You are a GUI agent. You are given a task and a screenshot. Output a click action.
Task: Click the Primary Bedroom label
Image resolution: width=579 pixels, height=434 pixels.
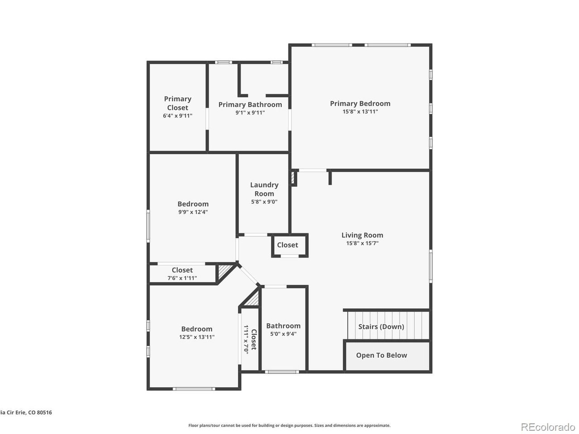click(360, 104)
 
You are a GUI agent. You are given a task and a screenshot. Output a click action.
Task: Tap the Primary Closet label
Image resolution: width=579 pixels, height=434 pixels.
click(178, 103)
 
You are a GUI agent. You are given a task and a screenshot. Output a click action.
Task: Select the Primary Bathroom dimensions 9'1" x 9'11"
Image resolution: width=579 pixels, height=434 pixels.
click(250, 113)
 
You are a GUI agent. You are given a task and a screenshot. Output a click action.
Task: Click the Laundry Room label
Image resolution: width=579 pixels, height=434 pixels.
click(264, 189)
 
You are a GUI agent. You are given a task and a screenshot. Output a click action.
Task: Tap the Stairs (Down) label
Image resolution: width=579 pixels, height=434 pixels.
click(381, 326)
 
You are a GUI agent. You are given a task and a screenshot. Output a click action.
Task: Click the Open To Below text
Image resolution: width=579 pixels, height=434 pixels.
click(381, 355)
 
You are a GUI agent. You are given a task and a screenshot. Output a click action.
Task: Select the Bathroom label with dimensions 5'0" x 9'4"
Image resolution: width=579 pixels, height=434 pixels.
click(283, 326)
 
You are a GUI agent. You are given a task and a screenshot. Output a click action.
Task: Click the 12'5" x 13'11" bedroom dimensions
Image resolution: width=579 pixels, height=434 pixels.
click(197, 337)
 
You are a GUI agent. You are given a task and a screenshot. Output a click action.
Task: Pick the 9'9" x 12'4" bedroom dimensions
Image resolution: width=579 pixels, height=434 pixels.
click(193, 212)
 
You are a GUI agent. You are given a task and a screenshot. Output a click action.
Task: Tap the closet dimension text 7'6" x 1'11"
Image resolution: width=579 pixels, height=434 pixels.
click(182, 278)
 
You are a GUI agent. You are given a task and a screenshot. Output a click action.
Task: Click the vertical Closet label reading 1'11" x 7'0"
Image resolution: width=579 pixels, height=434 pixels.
click(251, 339)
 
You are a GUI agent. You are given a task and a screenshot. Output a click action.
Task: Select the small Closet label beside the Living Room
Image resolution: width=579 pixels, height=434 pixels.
click(288, 245)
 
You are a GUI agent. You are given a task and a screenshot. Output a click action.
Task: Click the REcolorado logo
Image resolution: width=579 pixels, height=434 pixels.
click(547, 426)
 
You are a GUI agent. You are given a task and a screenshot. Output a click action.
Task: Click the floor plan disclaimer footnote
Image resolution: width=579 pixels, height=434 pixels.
click(289, 425)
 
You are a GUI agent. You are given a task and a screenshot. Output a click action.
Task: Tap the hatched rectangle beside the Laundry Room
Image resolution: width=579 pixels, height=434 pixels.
click(293, 178)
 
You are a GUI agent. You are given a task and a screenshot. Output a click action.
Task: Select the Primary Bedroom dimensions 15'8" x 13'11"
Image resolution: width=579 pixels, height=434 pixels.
click(360, 112)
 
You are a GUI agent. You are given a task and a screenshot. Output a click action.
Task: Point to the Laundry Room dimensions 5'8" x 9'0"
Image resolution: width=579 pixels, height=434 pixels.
click(264, 202)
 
